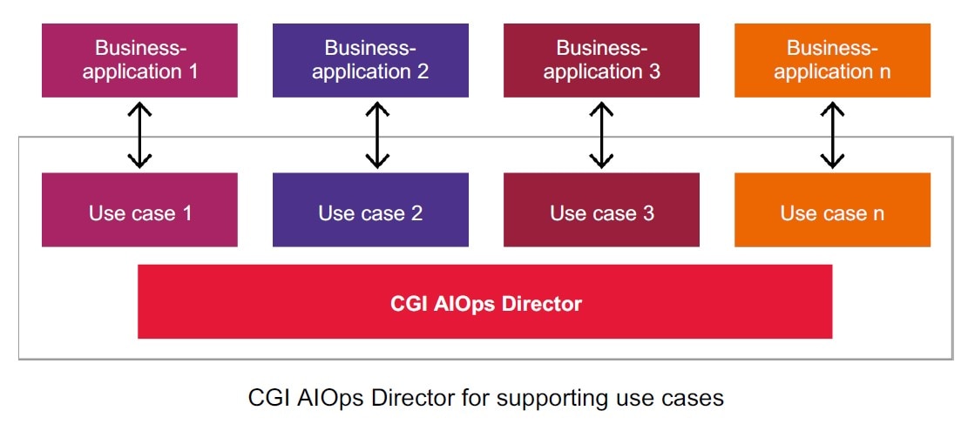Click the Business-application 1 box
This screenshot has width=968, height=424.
click(139, 60)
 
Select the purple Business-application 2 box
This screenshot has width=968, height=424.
click(370, 60)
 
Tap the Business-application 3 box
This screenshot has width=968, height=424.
click(601, 60)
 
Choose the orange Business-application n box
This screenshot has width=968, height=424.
click(832, 60)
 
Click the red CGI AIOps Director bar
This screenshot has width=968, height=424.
click(484, 301)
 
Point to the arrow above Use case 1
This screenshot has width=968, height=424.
click(139, 135)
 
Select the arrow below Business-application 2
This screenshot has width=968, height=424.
click(377, 135)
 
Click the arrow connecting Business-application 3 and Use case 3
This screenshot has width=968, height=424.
click(601, 135)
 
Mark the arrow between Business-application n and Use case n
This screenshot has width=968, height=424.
click(832, 135)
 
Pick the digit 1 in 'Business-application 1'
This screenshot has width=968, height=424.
click(193, 71)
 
